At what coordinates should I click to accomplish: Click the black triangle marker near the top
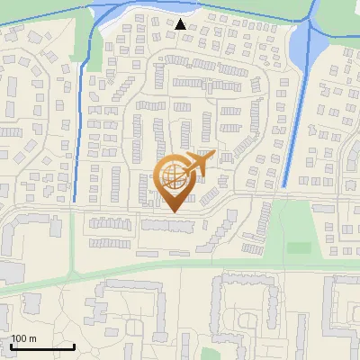[182, 23]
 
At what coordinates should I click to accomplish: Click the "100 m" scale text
[23, 338]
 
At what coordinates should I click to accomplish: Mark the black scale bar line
[42, 346]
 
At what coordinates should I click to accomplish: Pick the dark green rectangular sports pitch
[298, 247]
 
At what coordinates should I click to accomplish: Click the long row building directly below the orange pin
[168, 224]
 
